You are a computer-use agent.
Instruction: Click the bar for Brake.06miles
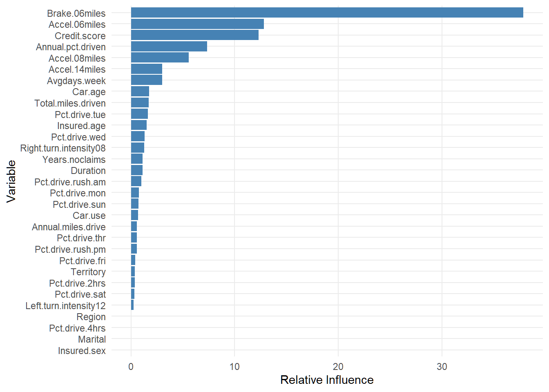[x=327, y=13]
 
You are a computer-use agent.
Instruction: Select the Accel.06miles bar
[x=197, y=24]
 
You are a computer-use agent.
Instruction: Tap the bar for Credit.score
[x=194, y=36]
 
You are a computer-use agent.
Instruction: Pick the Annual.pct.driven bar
[x=169, y=47]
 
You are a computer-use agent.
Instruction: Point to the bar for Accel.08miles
[x=160, y=58]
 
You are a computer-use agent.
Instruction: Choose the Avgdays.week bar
[x=146, y=80]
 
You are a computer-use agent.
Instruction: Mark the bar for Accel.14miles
[x=146, y=69]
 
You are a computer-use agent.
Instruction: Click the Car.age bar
[x=140, y=91]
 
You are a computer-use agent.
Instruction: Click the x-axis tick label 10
[x=234, y=367]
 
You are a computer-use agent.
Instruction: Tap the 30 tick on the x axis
[x=442, y=367]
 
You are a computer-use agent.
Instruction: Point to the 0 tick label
[x=131, y=367]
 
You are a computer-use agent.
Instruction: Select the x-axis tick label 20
[x=338, y=367]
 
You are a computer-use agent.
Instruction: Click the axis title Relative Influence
[x=327, y=380]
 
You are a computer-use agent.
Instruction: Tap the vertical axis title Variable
[x=11, y=181]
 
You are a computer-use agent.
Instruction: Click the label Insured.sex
[x=82, y=351]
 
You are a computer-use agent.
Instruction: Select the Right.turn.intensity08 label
[x=63, y=148]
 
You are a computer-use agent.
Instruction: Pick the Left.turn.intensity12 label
[x=65, y=306]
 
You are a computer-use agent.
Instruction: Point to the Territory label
[x=88, y=272]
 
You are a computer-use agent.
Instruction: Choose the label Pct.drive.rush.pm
[x=70, y=249]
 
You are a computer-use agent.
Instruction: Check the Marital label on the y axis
[x=92, y=339]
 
